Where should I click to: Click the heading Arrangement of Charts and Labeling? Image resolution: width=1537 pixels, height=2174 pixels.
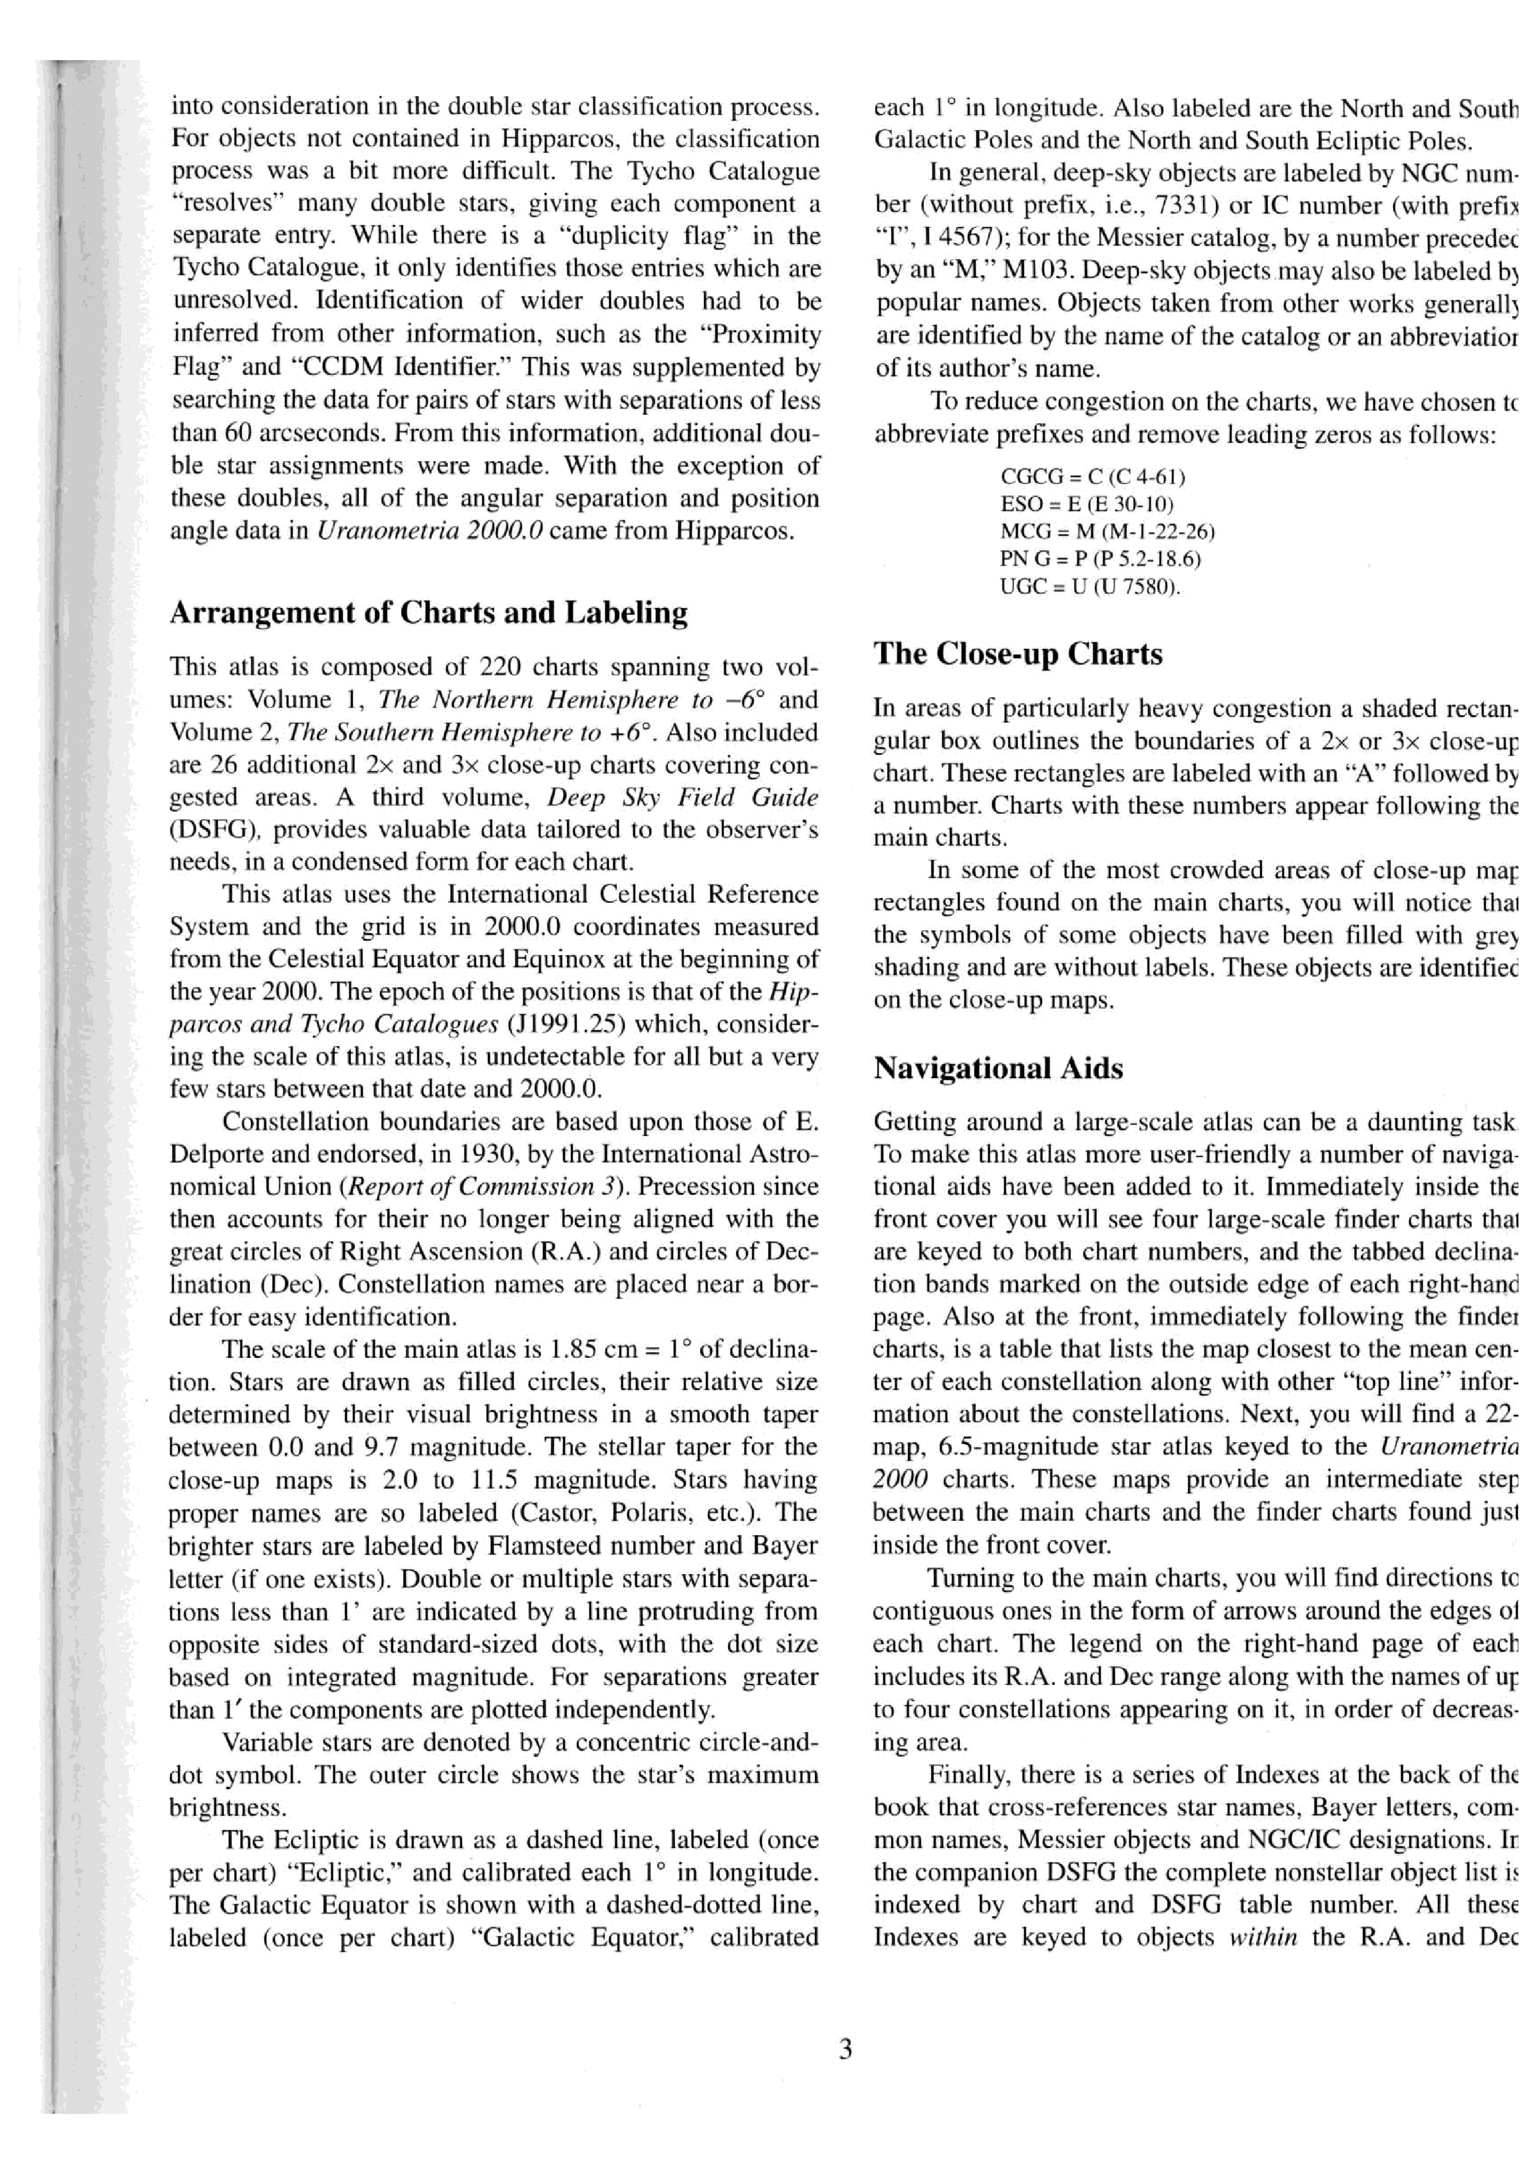(x=428, y=613)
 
